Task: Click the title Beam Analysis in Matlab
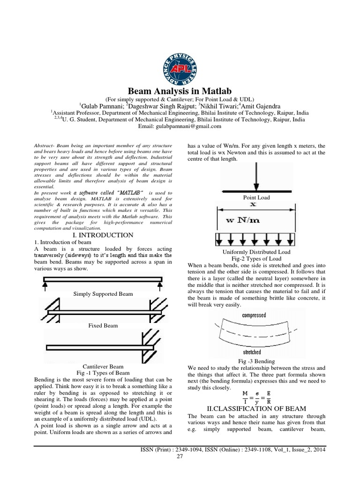pyautogui.click(x=180, y=90)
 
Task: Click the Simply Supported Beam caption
pyautogui.click(x=103, y=294)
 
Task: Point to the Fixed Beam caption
pyautogui.click(x=103, y=325)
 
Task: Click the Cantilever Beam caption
pyautogui.click(x=103, y=366)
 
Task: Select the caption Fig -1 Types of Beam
pyautogui.click(x=103, y=373)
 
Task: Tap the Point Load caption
pyautogui.click(x=253, y=198)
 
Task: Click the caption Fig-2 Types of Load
pyautogui.click(x=253, y=259)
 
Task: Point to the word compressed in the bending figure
pyautogui.click(x=254, y=315)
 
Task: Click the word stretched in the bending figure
pyautogui.click(x=252, y=352)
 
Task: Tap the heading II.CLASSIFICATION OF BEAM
pyautogui.click(x=253, y=409)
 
